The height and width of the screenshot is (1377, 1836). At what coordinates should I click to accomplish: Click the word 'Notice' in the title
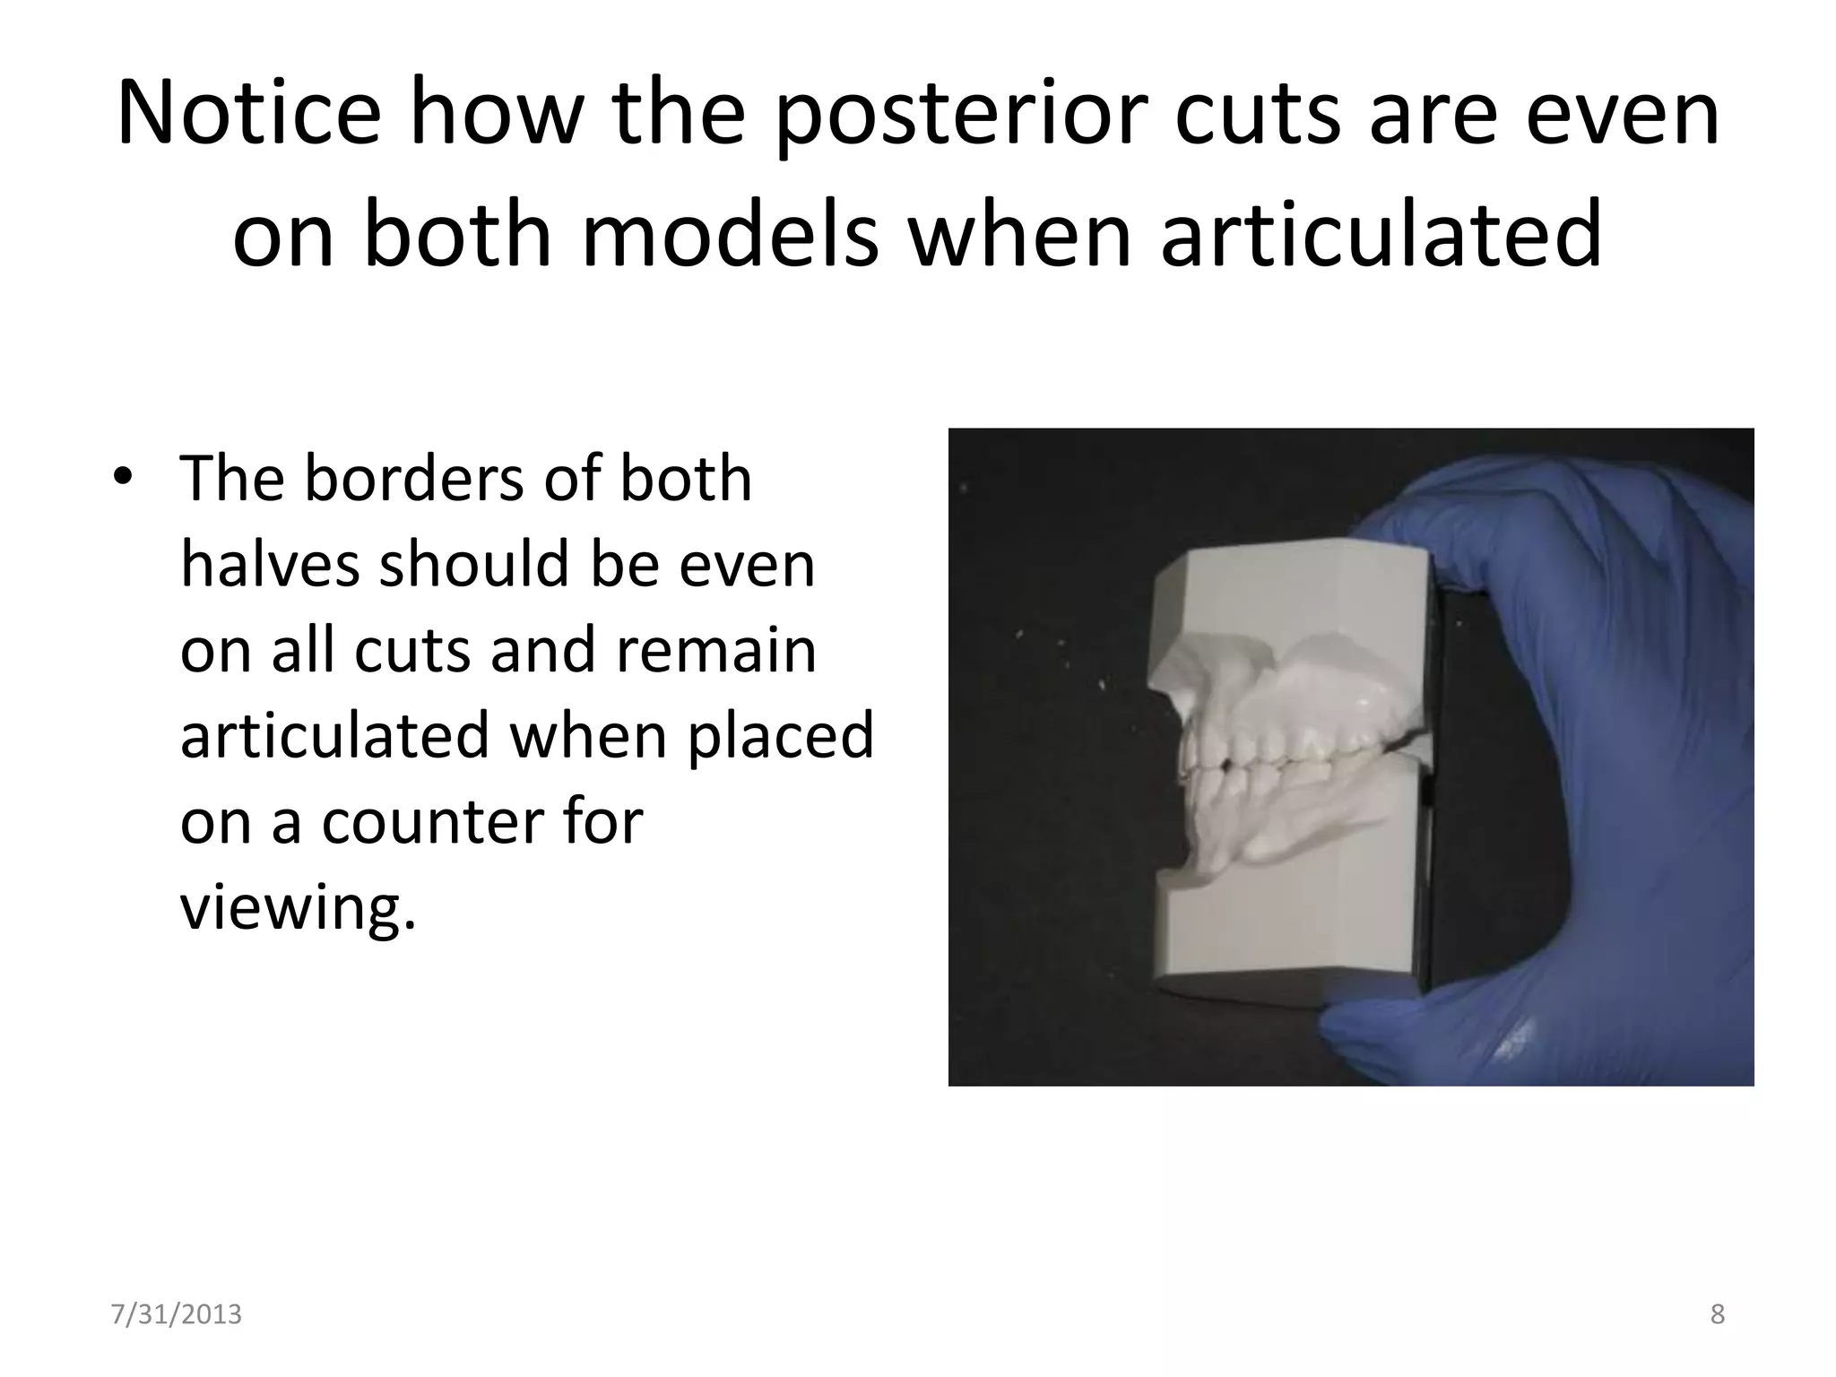248,115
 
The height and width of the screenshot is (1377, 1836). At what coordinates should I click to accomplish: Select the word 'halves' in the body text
269,565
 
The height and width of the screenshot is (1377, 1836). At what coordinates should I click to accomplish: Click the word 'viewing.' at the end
298,907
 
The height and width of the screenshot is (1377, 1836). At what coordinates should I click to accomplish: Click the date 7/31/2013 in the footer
176,1314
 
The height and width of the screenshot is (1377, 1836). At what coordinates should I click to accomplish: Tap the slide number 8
1717,1314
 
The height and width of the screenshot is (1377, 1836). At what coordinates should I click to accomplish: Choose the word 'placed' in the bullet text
780,735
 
